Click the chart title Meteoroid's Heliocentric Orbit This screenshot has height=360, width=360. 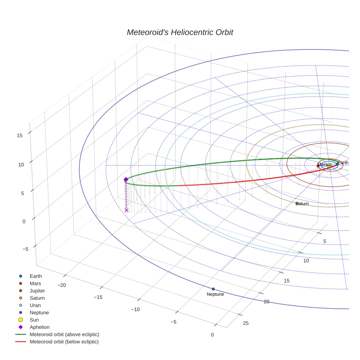(180, 33)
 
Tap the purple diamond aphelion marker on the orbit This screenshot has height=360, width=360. (126, 180)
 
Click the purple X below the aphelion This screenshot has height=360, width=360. (127, 210)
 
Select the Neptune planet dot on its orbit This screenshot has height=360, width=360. (213, 289)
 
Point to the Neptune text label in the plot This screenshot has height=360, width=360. (215, 294)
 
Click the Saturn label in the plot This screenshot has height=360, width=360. (303, 204)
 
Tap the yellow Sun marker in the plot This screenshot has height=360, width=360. (330, 166)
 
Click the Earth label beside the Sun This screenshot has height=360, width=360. (343, 163)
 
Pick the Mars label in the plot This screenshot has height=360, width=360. (322, 165)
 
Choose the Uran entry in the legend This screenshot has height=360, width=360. (35, 305)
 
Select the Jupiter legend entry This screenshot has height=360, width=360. (37, 290)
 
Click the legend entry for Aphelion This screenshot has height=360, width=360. (40, 327)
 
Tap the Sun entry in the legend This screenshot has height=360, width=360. (34, 320)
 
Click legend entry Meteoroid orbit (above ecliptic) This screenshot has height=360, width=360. (64, 334)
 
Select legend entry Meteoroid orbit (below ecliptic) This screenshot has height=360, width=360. (64, 342)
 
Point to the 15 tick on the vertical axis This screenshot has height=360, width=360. (19, 135)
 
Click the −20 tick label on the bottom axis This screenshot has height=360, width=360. (61, 285)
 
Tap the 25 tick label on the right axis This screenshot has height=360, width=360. (246, 323)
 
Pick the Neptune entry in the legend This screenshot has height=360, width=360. (39, 312)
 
